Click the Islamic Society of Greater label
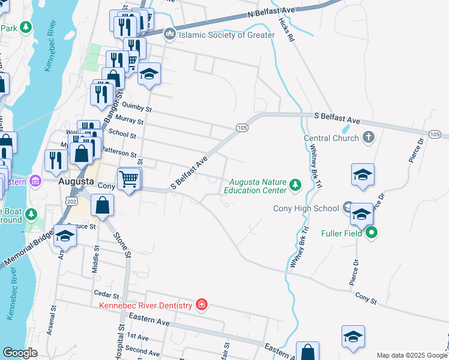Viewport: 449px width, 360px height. click(227, 35)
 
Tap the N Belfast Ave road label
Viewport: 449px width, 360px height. click(272, 12)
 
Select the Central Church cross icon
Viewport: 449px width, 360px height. click(369, 138)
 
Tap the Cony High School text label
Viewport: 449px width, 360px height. click(306, 208)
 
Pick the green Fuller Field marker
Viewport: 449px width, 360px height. click(372, 233)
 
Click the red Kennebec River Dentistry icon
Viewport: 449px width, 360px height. click(202, 305)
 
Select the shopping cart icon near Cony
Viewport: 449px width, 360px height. click(129, 179)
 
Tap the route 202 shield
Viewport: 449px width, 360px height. click(71, 199)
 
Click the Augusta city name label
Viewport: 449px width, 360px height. click(75, 181)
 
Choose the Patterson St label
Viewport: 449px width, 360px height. click(119, 151)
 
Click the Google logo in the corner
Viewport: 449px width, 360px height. click(20, 353)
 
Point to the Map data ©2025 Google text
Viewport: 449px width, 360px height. click(411, 355)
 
